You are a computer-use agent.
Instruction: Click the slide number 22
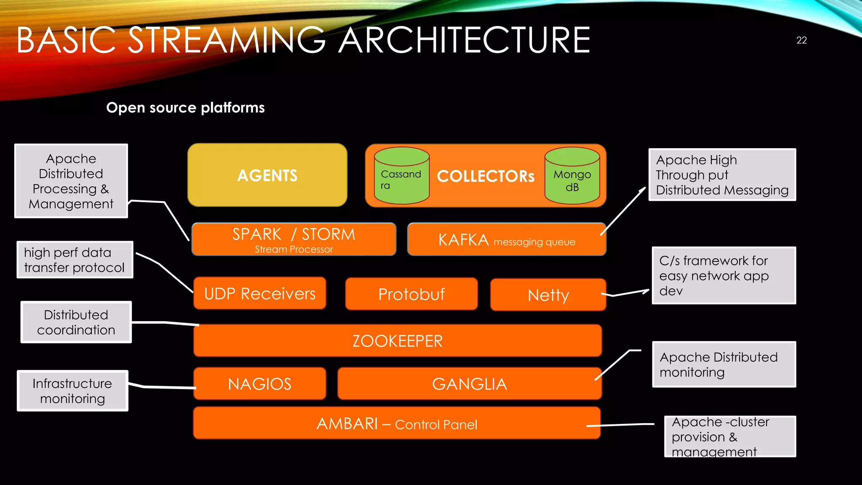[x=801, y=40]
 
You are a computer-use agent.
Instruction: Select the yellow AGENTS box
[x=267, y=175]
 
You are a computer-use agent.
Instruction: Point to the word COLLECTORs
[x=486, y=176]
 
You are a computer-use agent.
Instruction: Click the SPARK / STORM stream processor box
[x=293, y=239]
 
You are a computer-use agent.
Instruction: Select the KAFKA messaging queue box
[x=506, y=240]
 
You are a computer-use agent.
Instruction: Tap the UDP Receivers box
[x=260, y=293]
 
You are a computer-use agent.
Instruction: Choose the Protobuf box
[x=411, y=294]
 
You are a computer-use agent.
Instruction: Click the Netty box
[x=548, y=295]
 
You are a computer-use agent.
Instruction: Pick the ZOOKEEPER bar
[x=397, y=341]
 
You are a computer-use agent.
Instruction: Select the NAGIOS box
[x=260, y=384]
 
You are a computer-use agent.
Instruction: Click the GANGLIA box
[x=469, y=384]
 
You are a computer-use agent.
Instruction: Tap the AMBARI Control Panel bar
[x=396, y=424]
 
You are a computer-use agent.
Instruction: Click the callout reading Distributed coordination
[x=76, y=322]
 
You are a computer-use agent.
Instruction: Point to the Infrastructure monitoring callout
[x=72, y=391]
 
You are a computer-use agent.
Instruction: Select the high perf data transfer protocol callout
[x=74, y=260]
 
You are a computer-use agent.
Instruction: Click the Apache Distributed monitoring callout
[x=723, y=365]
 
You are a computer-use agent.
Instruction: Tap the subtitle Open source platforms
[x=185, y=108]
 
